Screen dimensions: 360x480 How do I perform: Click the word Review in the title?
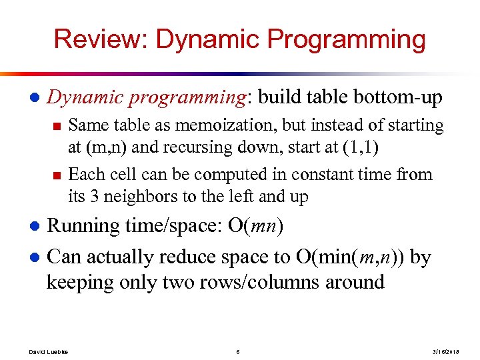(x=99, y=40)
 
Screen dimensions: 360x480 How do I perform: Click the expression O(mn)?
(x=255, y=226)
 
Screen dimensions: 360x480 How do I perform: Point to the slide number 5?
(x=238, y=351)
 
